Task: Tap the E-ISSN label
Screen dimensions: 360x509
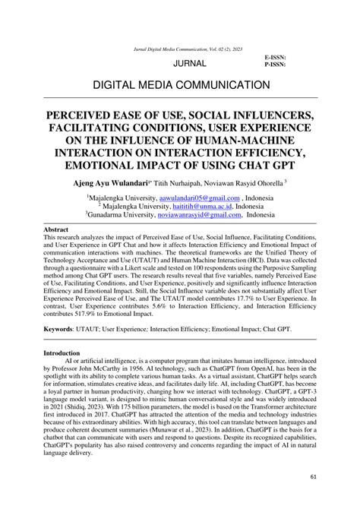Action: click(x=275, y=58)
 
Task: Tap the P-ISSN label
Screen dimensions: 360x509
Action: click(x=275, y=65)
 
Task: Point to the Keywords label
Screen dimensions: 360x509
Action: click(x=64, y=330)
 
